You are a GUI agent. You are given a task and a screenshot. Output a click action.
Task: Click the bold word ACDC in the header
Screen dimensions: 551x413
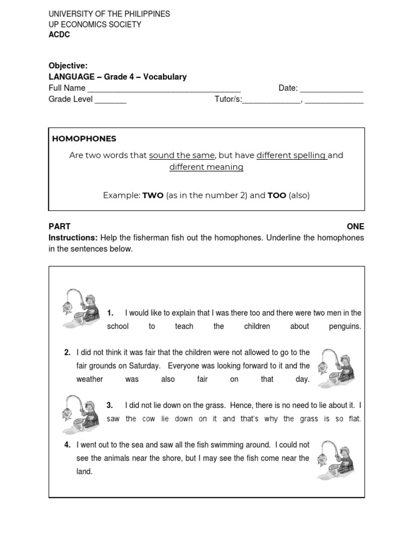(59, 34)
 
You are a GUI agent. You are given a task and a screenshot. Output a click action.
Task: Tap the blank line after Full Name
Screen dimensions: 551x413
(163, 89)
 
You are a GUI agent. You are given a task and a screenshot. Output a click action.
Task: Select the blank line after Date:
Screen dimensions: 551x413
(331, 89)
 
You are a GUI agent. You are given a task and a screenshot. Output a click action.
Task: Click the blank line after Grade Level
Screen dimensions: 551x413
(110, 100)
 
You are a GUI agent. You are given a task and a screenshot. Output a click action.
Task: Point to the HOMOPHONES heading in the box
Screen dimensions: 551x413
(84, 139)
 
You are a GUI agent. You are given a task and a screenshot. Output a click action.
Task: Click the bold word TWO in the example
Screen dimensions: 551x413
(153, 195)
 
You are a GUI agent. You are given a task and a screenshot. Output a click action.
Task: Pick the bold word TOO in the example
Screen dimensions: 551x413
(277, 195)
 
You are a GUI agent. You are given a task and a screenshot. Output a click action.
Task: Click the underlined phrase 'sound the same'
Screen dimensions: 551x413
(182, 156)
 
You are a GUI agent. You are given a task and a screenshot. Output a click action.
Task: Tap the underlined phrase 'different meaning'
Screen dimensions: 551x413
(206, 167)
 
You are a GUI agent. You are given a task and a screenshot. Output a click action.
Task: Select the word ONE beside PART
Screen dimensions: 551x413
(355, 227)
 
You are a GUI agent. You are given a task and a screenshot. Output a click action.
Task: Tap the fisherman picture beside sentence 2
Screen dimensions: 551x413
(336, 368)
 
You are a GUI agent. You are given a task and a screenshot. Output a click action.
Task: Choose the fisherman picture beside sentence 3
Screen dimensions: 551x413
(81, 414)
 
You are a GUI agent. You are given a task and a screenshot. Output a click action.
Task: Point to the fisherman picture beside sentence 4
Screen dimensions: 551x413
(336, 460)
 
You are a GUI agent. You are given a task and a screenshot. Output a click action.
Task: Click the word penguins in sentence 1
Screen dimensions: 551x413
(345, 327)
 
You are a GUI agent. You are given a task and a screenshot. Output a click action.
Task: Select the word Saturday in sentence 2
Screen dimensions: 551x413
(144, 366)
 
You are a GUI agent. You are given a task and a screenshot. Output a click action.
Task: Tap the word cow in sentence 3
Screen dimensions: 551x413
(148, 419)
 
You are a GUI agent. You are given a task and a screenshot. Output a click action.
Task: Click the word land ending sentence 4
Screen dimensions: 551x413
(84, 472)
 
